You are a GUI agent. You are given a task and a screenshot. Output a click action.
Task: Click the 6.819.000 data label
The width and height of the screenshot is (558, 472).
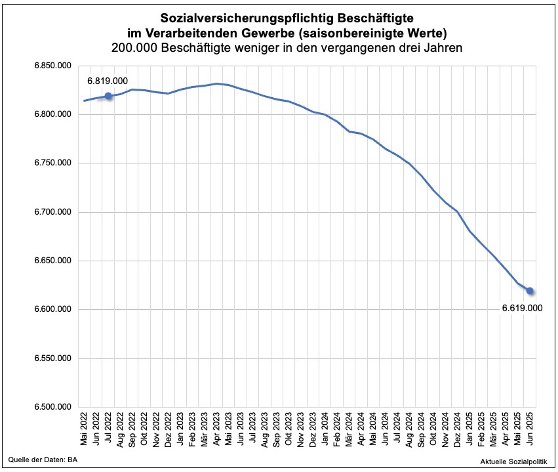[108, 80]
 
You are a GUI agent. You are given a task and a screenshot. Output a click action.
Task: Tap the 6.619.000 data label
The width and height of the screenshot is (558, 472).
[523, 307]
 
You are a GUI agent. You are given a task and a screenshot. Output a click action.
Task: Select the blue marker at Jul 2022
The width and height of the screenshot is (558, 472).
[108, 96]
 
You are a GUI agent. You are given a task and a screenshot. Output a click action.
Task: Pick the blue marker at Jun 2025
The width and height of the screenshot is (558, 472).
[530, 291]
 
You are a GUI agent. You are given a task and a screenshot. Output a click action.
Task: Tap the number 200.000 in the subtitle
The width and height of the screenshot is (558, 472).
[136, 48]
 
